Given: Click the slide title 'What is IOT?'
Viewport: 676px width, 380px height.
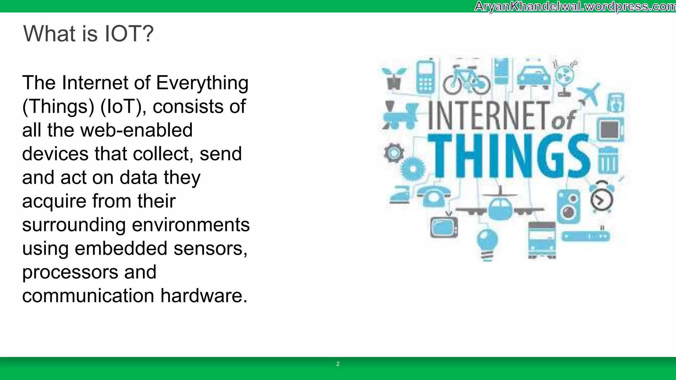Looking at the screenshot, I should [x=88, y=34].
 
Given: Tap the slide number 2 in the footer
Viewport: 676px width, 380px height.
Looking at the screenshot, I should [x=338, y=364].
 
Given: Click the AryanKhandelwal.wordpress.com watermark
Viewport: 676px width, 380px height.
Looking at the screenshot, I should [x=575, y=6].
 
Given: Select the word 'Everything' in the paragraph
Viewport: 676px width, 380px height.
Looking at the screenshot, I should [x=202, y=83].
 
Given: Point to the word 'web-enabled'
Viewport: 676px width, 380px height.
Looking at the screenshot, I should [x=136, y=130].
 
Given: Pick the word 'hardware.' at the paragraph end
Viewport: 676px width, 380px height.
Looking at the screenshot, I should [x=204, y=296].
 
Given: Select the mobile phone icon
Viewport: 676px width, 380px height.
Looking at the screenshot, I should [x=425, y=77].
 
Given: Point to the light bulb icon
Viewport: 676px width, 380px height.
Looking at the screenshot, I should [x=487, y=244].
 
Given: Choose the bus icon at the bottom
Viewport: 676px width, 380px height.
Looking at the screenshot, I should [x=542, y=240].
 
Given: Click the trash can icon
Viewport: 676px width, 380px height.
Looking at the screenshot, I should [x=608, y=161].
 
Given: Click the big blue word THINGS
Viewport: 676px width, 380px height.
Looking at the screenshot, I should [x=508, y=156].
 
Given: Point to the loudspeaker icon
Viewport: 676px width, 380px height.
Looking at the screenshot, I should [x=568, y=206].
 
